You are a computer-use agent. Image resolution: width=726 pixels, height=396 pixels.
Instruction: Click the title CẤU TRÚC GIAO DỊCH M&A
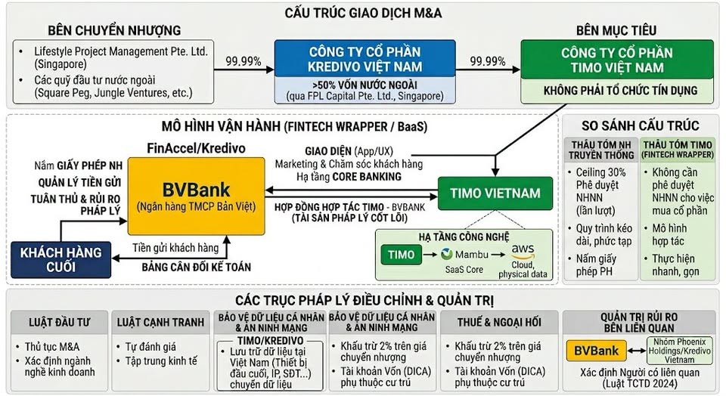pyautogui.click(x=363, y=13)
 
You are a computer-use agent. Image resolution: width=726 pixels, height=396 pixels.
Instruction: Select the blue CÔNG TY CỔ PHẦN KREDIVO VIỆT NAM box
pyautogui.click(x=365, y=58)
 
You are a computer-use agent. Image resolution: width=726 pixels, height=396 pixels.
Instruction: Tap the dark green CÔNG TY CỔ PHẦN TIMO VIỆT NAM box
pyautogui.click(x=617, y=60)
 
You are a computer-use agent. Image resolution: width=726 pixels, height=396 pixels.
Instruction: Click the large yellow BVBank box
pyautogui.click(x=197, y=196)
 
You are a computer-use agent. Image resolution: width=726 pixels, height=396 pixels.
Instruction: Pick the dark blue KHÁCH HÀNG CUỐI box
pyautogui.click(x=60, y=259)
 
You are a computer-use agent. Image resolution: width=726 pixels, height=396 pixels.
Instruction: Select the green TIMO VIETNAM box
pyautogui.click(x=495, y=193)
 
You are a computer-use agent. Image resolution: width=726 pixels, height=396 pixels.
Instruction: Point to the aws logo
pyautogui.click(x=523, y=251)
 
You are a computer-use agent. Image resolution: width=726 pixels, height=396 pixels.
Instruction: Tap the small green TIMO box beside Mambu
pyautogui.click(x=401, y=255)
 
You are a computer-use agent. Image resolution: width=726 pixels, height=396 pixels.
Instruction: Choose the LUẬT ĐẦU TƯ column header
pyautogui.click(x=59, y=322)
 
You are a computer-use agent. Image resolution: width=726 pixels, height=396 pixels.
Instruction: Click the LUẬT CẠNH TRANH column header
pyautogui.click(x=160, y=322)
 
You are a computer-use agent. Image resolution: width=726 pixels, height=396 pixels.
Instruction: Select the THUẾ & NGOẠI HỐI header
pyautogui.click(x=499, y=322)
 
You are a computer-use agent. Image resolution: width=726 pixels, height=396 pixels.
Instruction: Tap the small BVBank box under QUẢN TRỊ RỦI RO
pyautogui.click(x=597, y=351)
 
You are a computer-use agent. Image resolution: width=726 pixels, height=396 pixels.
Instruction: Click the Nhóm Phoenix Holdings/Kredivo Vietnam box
pyautogui.click(x=679, y=351)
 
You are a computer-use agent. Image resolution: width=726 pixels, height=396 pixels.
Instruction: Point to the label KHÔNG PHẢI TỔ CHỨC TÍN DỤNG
pyautogui.click(x=620, y=91)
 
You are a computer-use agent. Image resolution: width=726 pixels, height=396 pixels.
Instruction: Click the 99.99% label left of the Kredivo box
pyautogui.click(x=244, y=61)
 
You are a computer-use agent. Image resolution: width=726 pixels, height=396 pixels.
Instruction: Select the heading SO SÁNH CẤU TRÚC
pyautogui.click(x=641, y=126)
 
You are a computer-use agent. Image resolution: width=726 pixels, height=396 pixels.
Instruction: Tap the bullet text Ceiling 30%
pyautogui.click(x=600, y=172)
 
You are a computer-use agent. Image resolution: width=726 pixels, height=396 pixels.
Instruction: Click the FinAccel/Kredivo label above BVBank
pyautogui.click(x=196, y=148)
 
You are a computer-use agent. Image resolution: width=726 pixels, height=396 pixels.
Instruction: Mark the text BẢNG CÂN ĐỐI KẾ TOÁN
pyautogui.click(x=197, y=267)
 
